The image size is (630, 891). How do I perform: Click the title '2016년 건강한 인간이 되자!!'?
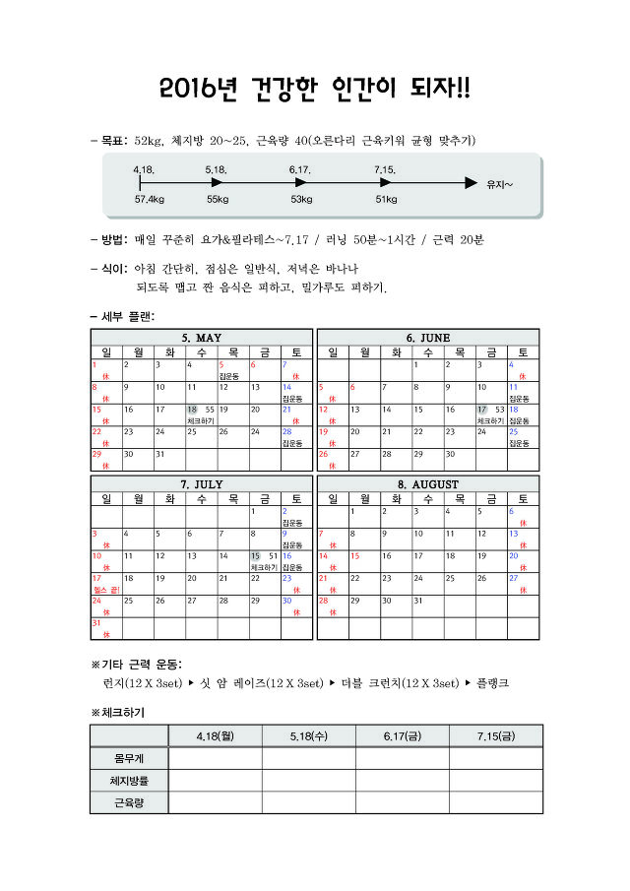(x=315, y=90)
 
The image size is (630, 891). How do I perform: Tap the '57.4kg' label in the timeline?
(x=150, y=199)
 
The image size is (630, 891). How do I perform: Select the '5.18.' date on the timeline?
(x=218, y=170)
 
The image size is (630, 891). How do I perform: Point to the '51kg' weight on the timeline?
(x=387, y=199)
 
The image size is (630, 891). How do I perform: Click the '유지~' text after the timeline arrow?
(x=500, y=184)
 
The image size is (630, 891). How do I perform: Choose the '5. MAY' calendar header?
(x=202, y=338)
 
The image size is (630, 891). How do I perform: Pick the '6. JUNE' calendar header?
(x=428, y=338)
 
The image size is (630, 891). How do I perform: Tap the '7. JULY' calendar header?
(x=202, y=484)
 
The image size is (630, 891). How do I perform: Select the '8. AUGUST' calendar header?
(x=428, y=484)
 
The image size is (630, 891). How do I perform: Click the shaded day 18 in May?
(x=192, y=409)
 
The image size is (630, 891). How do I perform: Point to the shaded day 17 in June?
(x=481, y=409)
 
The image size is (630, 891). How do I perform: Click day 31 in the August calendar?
(x=417, y=600)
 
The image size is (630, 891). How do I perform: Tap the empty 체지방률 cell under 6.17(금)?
(x=402, y=781)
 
